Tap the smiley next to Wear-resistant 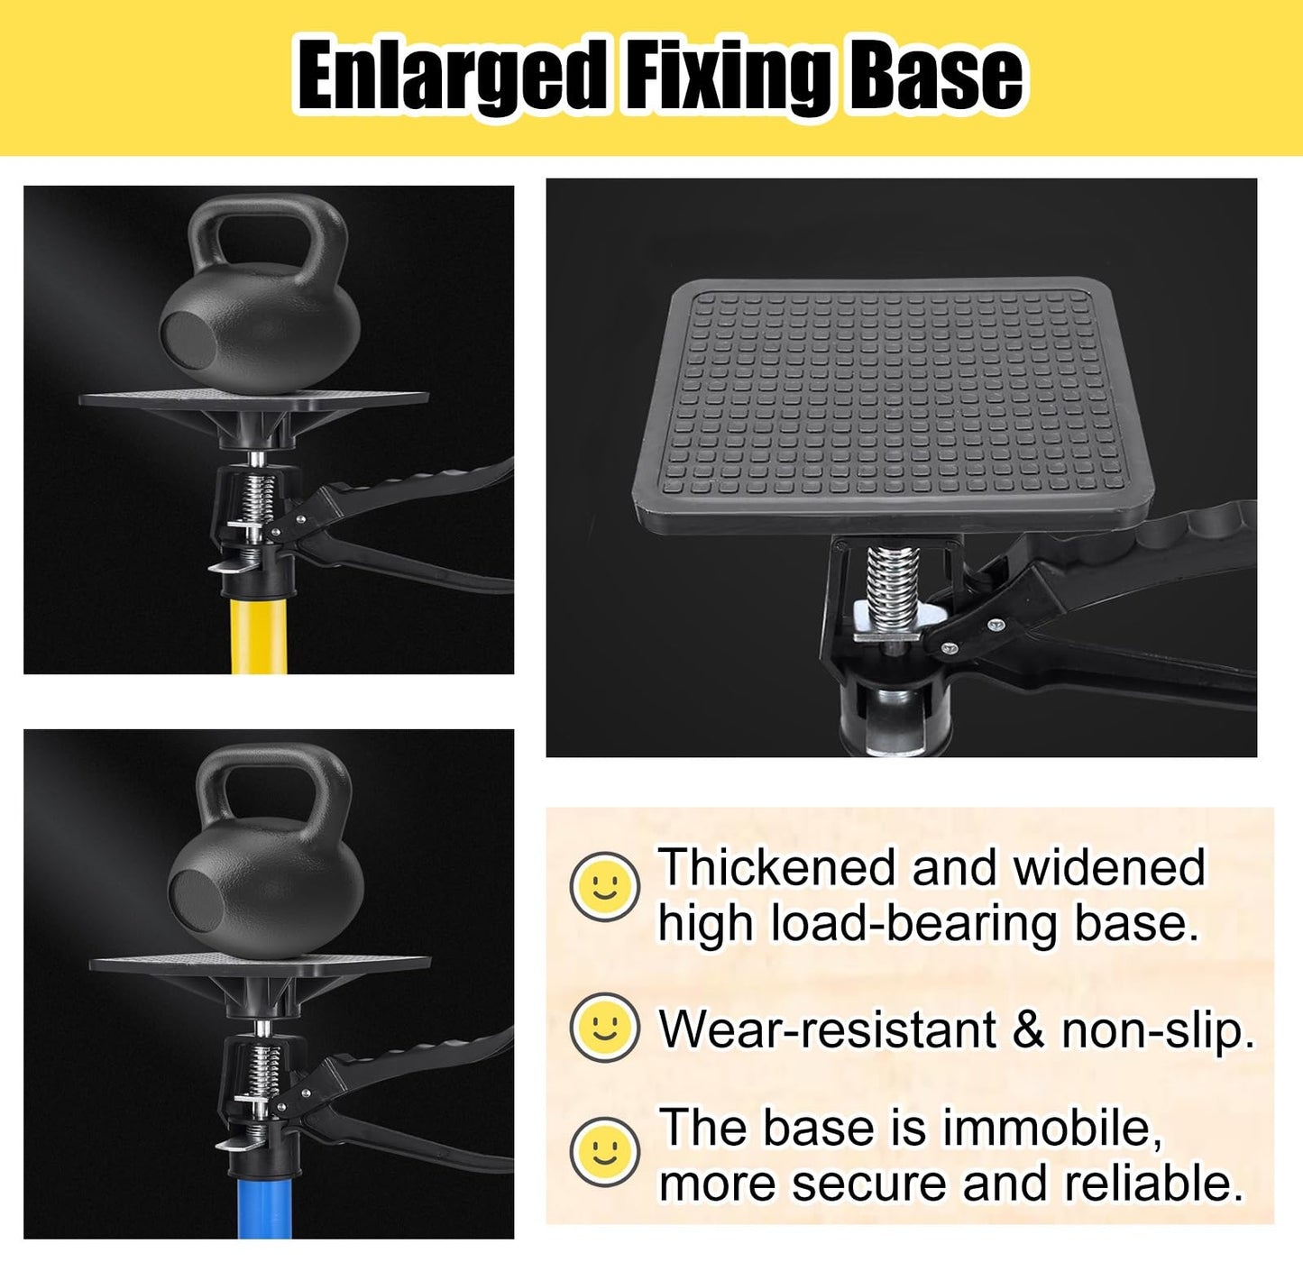pos(605,1027)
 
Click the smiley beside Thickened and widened pos(605,886)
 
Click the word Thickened pos(776,867)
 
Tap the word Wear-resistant pos(828,1029)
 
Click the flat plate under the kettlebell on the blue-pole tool pos(261,965)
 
